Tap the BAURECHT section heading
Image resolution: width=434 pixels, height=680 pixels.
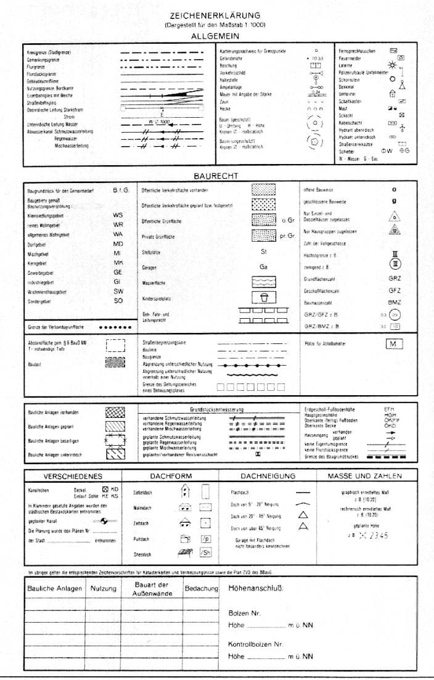pyautogui.click(x=215, y=176)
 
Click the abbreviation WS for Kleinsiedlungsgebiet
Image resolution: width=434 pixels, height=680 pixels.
pyautogui.click(x=118, y=215)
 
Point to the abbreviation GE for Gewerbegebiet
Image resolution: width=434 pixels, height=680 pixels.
pyautogui.click(x=118, y=272)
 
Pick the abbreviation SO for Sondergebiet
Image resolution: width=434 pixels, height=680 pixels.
pyautogui.click(x=118, y=300)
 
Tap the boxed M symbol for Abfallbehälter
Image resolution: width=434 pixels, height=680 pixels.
pyautogui.click(x=393, y=343)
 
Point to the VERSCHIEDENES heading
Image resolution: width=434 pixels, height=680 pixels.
pyautogui.click(x=73, y=476)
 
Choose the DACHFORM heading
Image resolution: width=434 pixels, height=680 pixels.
pyautogui.click(x=171, y=476)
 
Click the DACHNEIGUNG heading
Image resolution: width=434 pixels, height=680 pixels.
pyautogui.click(x=268, y=476)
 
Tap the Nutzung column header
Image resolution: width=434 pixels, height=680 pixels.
pyautogui.click(x=103, y=589)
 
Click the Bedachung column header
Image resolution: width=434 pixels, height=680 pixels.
pyautogui.click(x=202, y=589)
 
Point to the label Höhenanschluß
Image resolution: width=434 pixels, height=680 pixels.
pyautogui.click(x=256, y=589)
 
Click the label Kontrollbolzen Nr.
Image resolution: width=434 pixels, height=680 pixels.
pyautogui.click(x=256, y=644)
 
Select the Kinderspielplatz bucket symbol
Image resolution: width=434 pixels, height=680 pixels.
pyautogui.click(x=263, y=297)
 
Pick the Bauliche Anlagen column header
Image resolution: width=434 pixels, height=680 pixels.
pyautogui.click(x=55, y=589)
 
